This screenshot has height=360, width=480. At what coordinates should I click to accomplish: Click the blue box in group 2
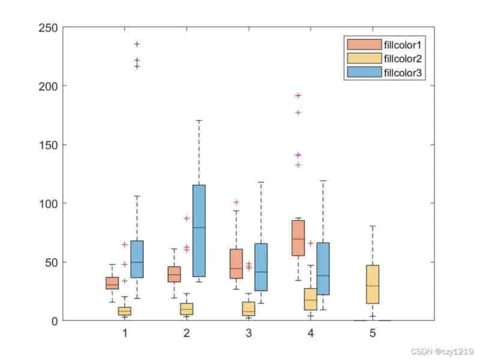(x=199, y=230)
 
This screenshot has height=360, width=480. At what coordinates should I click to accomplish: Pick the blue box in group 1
(x=137, y=259)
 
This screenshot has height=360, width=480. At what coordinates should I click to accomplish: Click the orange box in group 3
(x=236, y=263)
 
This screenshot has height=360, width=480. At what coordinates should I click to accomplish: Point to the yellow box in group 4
(x=310, y=299)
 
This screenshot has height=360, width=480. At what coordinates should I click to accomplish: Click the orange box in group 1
(x=112, y=283)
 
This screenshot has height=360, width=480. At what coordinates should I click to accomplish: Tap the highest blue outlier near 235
(x=137, y=44)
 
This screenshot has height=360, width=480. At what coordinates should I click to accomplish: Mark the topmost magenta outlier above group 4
(x=298, y=95)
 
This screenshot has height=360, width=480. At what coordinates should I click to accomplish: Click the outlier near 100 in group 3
(x=236, y=202)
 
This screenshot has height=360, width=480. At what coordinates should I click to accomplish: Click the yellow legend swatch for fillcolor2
(x=364, y=58)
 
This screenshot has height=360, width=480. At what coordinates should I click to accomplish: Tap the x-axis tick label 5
(x=373, y=333)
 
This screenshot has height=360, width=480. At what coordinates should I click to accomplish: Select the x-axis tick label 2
(x=187, y=333)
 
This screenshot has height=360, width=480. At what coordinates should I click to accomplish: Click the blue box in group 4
(x=323, y=268)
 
